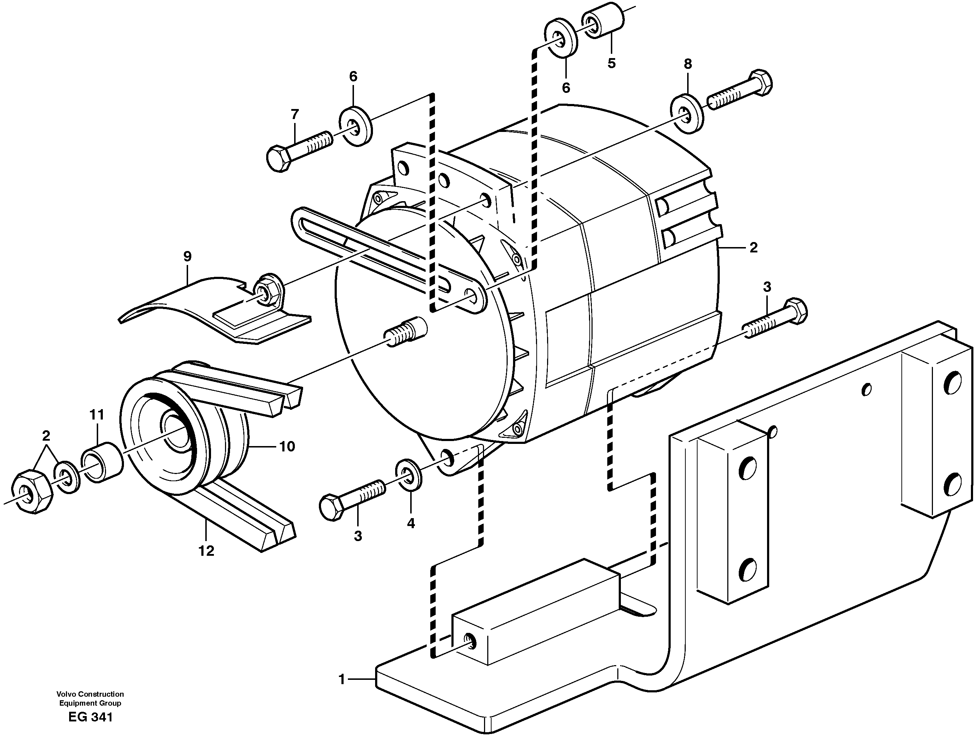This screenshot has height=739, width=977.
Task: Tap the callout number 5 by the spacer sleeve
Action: point(611,63)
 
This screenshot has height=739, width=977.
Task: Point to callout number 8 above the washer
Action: point(688,64)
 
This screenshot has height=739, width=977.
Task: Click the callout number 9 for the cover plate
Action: point(187,256)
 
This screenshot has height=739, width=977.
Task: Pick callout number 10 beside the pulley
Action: point(287,446)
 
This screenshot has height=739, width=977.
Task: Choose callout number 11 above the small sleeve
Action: point(97,414)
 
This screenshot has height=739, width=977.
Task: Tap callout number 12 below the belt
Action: point(206,551)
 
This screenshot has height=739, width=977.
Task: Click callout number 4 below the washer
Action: point(411,524)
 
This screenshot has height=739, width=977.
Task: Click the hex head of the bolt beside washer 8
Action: point(761,81)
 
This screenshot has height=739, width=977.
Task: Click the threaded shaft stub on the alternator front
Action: point(406,331)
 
